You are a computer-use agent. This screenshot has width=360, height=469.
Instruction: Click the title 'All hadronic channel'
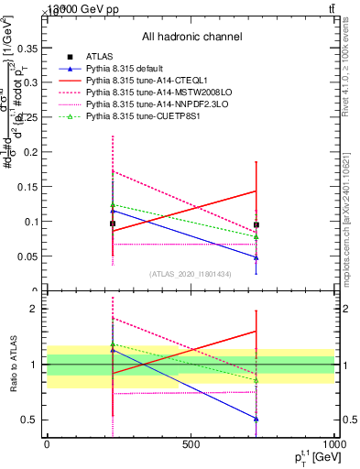click(x=191, y=37)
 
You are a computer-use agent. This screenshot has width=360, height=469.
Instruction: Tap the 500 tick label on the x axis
click(x=191, y=444)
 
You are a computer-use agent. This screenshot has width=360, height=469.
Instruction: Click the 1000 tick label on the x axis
click(x=333, y=444)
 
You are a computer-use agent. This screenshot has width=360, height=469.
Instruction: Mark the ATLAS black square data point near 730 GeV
click(x=256, y=224)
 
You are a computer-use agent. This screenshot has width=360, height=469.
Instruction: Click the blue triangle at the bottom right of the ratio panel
click(x=256, y=419)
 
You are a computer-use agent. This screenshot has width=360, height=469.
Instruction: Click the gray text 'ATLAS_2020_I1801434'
click(x=191, y=274)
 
